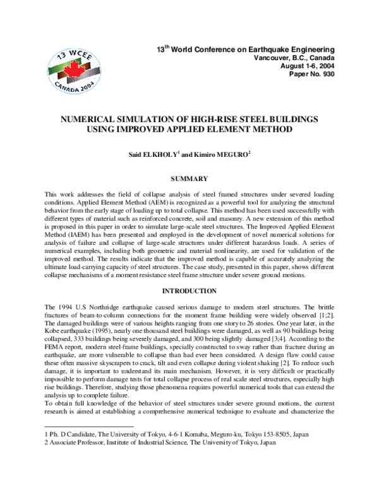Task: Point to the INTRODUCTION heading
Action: pos(189,291)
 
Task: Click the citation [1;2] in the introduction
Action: pos(324,314)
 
